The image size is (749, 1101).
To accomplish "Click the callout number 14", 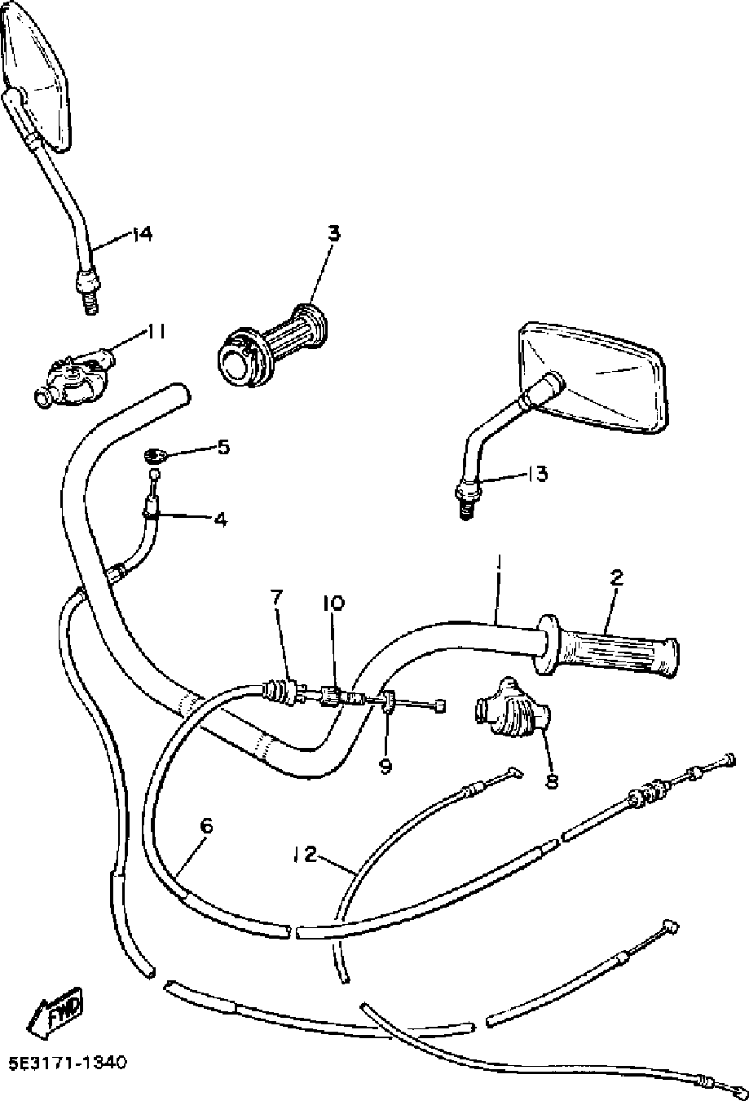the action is click(x=141, y=234).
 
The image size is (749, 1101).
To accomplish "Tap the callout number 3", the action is click(x=334, y=232).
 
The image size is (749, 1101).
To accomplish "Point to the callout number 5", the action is click(x=223, y=447).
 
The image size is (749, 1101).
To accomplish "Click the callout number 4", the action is click(x=221, y=520).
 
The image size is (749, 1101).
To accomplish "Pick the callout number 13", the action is click(x=538, y=475).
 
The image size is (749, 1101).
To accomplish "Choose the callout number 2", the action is click(x=616, y=577).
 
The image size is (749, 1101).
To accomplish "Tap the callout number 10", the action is click(x=334, y=603).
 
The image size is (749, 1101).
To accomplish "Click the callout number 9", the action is click(x=386, y=766).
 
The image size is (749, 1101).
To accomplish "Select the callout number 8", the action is click(x=552, y=780).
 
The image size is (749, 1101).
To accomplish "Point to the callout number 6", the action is click(x=207, y=826).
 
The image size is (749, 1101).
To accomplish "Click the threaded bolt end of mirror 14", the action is click(x=89, y=302).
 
